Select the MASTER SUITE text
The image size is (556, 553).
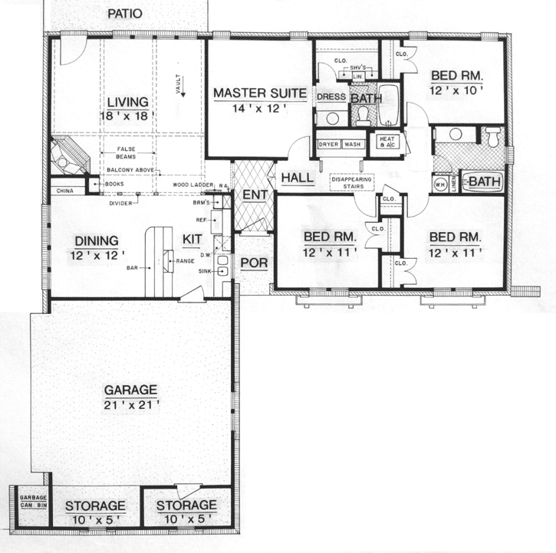coord(260,93)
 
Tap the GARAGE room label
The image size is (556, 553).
coord(132,388)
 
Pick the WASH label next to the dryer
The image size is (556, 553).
coord(353,144)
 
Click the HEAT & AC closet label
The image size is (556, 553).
coord(384,142)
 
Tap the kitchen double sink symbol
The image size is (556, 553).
coord(222,265)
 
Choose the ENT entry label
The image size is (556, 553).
coord(253,195)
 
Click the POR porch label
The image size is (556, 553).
coord(252,263)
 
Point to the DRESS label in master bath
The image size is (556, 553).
coord(331,97)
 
